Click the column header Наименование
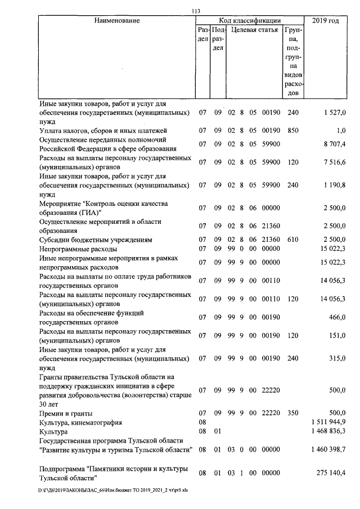pos(117,21)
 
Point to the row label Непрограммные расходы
pos(78,249)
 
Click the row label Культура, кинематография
pos(80,422)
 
